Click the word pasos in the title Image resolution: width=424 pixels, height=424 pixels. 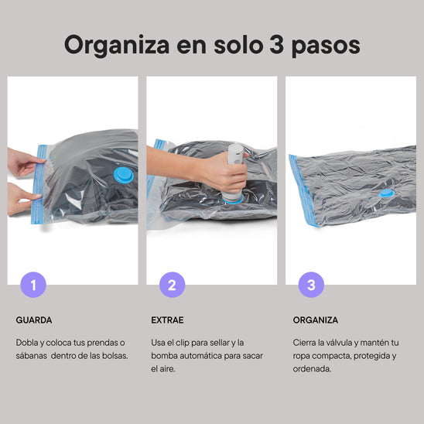coord(327,46)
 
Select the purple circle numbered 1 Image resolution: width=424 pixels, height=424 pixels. coord(33,285)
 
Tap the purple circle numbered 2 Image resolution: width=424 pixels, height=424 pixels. coord(172,285)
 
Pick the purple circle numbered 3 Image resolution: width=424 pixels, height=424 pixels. coord(311,285)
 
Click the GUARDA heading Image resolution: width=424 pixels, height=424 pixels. coord(34,319)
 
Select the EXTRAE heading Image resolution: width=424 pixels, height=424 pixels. coord(168,319)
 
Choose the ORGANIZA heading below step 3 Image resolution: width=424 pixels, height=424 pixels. coord(315,319)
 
